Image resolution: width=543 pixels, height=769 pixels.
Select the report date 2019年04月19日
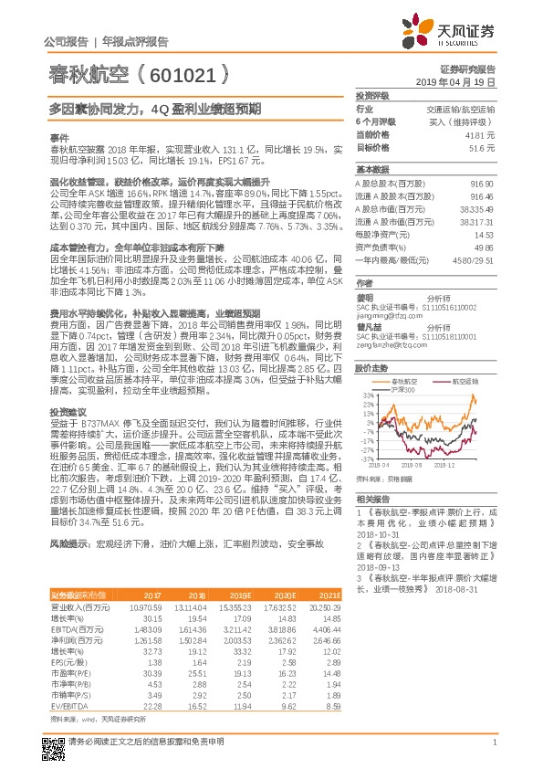462,82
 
